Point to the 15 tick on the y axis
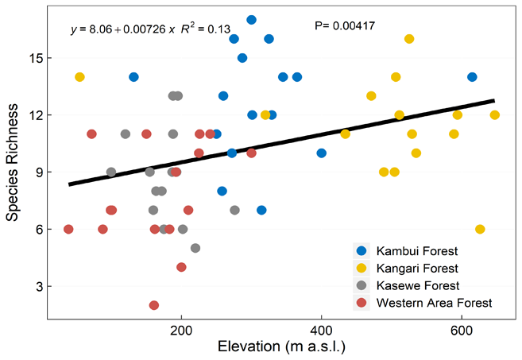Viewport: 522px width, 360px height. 41,58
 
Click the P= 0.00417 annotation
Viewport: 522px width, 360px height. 346,26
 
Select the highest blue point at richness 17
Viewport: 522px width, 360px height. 251,20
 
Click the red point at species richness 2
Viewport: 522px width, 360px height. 153,305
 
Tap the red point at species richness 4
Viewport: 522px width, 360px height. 181,267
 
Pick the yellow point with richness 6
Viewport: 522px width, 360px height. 480,229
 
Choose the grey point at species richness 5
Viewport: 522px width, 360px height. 195,248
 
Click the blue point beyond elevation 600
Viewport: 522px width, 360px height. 472,77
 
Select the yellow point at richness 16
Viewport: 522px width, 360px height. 409,39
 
